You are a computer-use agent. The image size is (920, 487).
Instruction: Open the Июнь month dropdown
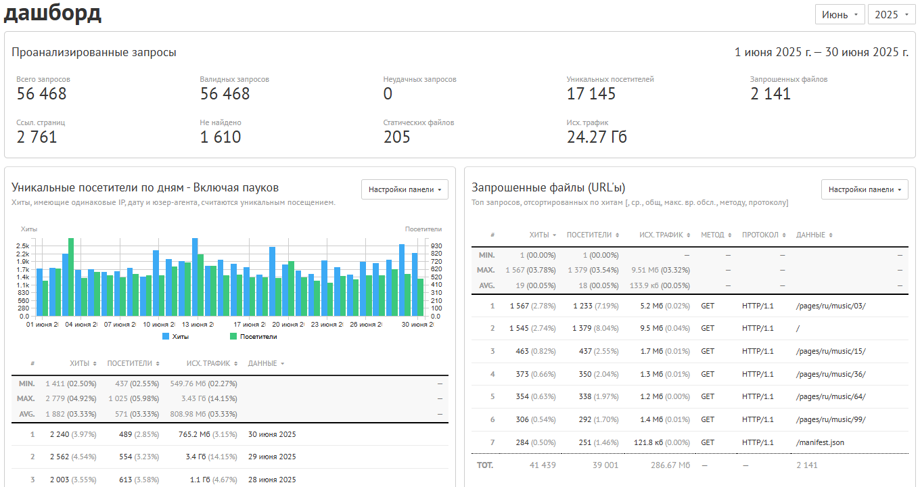[x=839, y=15]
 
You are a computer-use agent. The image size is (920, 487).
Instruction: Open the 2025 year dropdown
[x=892, y=15]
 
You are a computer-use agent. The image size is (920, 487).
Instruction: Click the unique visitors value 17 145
[x=591, y=94]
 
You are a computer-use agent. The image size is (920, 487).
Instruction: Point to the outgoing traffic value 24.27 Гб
[x=597, y=137]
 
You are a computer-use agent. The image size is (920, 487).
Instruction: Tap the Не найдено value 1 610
[x=220, y=137]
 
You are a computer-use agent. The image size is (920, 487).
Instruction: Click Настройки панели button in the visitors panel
[x=405, y=189]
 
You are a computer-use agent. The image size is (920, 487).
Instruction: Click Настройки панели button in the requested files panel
[x=865, y=189]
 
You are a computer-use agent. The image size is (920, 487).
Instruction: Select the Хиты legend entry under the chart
[x=176, y=337]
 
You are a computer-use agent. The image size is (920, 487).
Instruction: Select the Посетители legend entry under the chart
[x=254, y=337]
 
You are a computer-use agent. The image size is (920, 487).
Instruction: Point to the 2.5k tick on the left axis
[x=23, y=246]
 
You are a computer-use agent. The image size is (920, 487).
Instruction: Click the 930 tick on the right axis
[x=436, y=246]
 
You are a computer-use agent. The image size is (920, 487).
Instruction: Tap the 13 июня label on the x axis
[x=198, y=325]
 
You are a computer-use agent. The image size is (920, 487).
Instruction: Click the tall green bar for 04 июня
[x=71, y=277]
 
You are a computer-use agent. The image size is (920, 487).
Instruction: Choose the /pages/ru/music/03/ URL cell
[x=831, y=306]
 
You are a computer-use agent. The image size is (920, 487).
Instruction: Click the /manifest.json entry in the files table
[x=820, y=442]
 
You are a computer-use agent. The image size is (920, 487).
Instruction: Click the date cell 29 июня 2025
[x=272, y=457]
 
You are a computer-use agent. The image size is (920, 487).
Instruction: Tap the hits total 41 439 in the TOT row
[x=543, y=465]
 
